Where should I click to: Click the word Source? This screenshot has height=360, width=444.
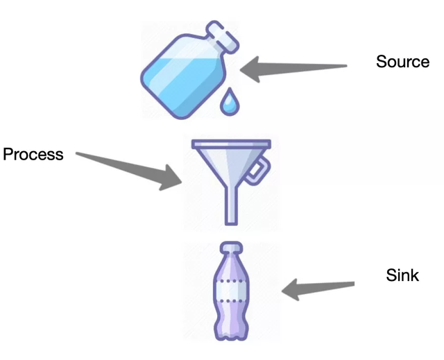[x=402, y=62]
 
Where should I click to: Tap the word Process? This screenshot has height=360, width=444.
[x=33, y=154]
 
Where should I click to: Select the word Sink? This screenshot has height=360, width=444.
[x=402, y=275]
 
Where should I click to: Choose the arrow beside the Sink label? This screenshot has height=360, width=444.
[x=319, y=287]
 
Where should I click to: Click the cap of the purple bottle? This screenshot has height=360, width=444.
[x=230, y=246]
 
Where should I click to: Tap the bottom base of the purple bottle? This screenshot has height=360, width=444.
[x=230, y=332]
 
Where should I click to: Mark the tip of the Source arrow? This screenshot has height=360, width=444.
[x=244, y=70]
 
